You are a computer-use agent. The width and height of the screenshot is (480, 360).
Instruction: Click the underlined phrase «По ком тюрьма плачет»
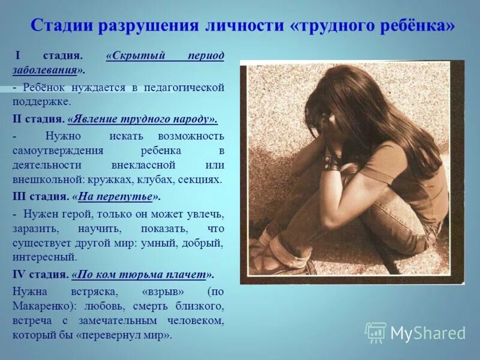coord(142,274)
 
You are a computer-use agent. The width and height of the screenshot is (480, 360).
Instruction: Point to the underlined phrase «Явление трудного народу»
coord(142,118)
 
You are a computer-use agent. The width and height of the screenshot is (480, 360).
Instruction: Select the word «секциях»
coord(202,179)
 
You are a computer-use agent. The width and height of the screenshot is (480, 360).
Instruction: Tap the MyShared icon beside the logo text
coord(376,332)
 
